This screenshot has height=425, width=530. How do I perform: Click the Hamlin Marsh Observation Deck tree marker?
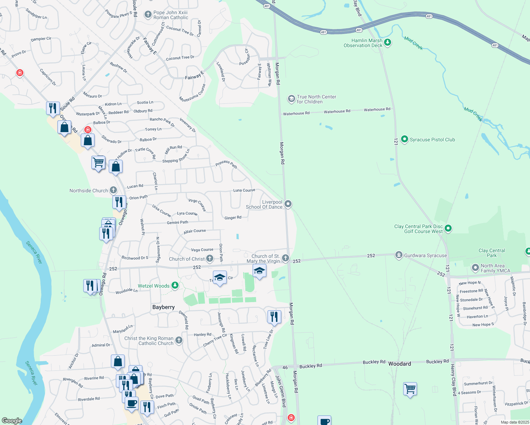[388, 43]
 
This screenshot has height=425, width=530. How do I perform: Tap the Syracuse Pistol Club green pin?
[404, 140]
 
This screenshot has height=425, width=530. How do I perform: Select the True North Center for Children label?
[316, 99]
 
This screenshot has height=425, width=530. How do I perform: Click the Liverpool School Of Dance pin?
[288, 204]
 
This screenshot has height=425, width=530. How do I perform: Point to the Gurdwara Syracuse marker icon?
[399, 255]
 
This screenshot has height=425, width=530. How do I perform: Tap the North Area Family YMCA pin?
[475, 268]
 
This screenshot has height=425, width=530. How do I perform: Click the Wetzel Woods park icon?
[175, 285]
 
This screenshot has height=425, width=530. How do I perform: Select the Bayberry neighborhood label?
[163, 307]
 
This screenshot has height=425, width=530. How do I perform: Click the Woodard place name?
[400, 364]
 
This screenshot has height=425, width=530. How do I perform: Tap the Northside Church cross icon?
[113, 190]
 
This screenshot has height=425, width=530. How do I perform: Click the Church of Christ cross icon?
[210, 259]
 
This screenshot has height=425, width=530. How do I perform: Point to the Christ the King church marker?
[179, 340]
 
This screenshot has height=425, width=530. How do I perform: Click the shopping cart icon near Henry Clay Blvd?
[410, 389]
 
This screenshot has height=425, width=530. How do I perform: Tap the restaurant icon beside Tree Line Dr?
[274, 316]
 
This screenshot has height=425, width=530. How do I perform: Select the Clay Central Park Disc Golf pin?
[448, 228]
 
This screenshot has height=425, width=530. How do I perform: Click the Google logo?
[12, 421]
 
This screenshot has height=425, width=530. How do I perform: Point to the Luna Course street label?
[244, 190]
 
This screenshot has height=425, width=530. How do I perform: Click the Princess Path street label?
[226, 164]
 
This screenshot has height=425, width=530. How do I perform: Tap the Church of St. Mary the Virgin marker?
[286, 258]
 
